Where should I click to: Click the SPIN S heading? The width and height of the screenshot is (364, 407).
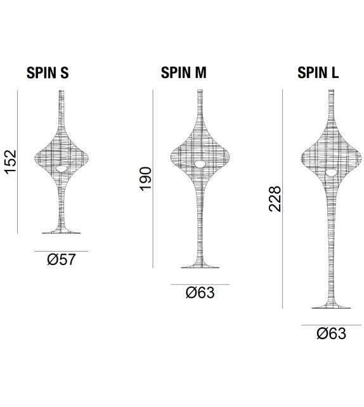(x=47, y=72)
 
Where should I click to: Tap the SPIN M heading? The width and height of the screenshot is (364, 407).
(x=183, y=72)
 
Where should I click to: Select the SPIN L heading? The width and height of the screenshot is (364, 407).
(x=318, y=72)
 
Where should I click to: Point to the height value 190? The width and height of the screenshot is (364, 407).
(x=145, y=179)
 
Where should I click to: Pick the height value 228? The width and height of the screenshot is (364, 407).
(x=274, y=198)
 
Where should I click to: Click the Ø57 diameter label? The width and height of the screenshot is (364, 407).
(x=61, y=260)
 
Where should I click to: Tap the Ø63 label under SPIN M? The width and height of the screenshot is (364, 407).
(x=200, y=293)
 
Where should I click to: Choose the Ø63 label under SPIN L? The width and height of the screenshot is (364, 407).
(x=330, y=333)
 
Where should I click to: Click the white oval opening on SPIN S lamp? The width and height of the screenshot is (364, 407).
(x=61, y=169)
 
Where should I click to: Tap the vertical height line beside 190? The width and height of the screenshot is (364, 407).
(x=153, y=179)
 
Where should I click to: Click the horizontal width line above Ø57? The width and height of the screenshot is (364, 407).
(x=61, y=251)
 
